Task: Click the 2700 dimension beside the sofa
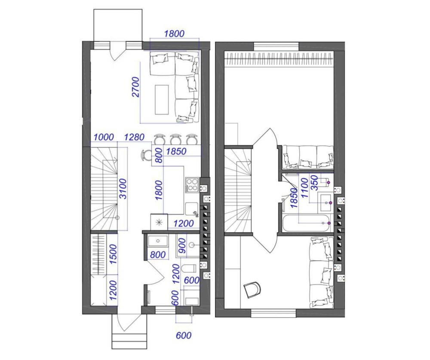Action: click(x=135, y=87)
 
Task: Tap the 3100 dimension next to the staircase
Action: click(x=123, y=189)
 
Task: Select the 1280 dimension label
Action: click(x=134, y=137)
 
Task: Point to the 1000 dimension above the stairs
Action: click(x=104, y=137)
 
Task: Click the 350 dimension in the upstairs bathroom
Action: click(x=315, y=183)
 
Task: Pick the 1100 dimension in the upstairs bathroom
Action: click(x=305, y=188)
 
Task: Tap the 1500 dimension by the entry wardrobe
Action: click(x=113, y=254)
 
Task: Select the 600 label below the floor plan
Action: click(x=184, y=336)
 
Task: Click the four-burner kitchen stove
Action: click(x=192, y=185)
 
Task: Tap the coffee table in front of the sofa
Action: click(x=162, y=100)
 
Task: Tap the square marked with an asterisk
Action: click(x=159, y=222)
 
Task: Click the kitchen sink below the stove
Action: click(x=192, y=209)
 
